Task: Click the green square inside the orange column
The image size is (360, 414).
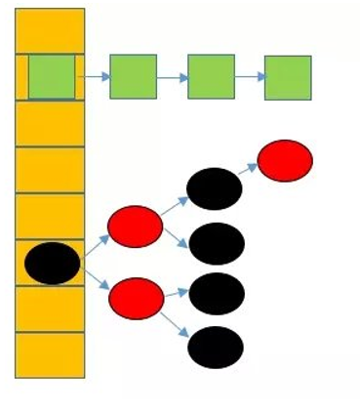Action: [x=51, y=76]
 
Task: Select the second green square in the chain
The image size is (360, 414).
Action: [x=133, y=76]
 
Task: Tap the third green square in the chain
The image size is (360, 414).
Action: [x=211, y=76]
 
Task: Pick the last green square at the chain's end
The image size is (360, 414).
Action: [x=288, y=77]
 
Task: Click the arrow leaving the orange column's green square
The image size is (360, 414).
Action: [x=94, y=75]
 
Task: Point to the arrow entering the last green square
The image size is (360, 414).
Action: [x=249, y=76]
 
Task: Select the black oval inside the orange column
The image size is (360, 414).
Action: [x=53, y=263]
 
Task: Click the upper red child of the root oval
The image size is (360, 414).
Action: [x=135, y=227]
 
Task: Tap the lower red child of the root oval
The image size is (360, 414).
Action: [x=137, y=297]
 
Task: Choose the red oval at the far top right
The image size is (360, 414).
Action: [x=285, y=160]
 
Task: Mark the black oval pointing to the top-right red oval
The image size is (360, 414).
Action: [x=214, y=188]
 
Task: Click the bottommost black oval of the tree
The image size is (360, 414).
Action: [x=215, y=348]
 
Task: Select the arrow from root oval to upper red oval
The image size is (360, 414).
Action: [x=95, y=245]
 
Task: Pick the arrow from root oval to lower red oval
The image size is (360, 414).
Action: [x=96, y=279]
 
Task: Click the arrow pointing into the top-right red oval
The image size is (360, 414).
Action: [x=249, y=172]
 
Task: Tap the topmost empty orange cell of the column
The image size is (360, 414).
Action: [x=50, y=30]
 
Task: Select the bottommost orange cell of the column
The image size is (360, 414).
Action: [x=50, y=354]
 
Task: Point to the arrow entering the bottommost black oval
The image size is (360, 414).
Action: [x=176, y=323]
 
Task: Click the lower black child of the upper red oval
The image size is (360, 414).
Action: [x=216, y=244]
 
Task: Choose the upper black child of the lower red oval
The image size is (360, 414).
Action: [x=216, y=293]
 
